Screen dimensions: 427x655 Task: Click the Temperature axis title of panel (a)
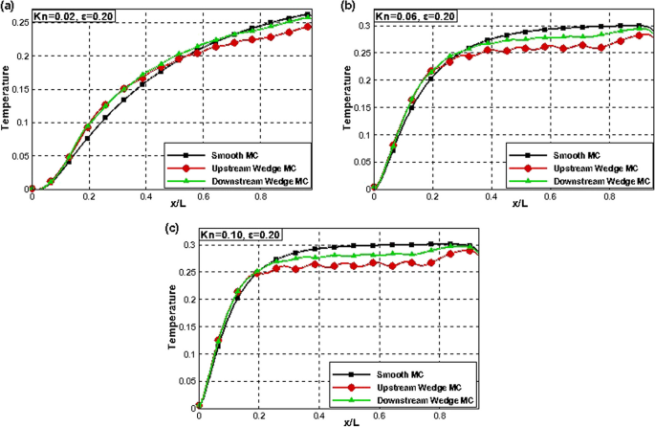pyautogui.click(x=7, y=101)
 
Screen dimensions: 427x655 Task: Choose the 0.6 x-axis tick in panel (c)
pyautogui.click(x=381, y=415)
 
